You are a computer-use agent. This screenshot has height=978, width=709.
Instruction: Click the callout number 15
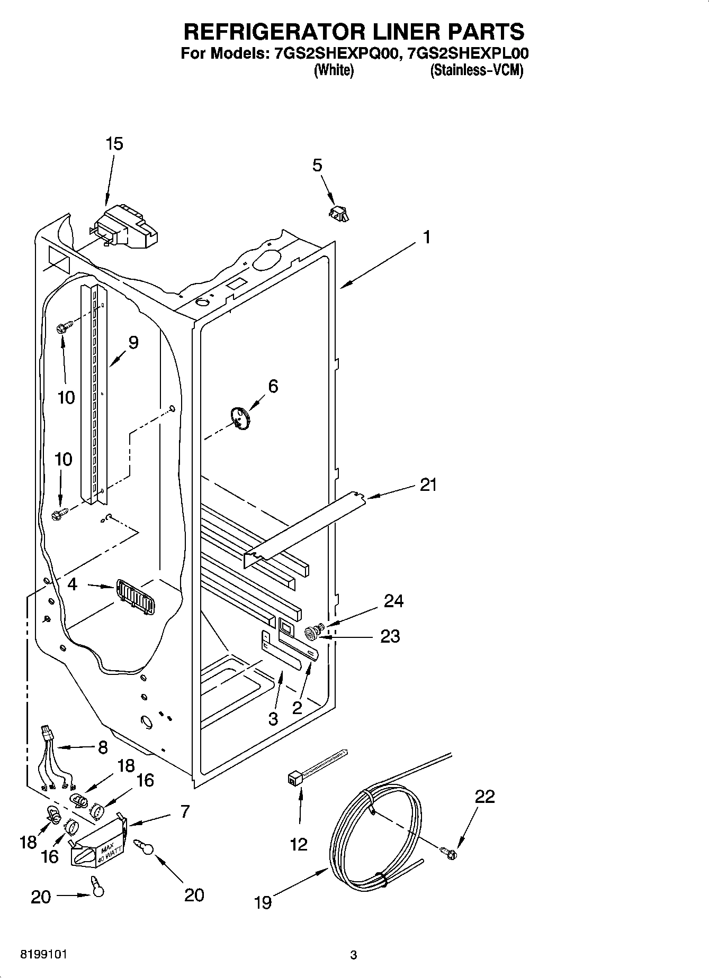click(114, 144)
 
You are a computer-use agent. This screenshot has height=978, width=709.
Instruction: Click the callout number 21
click(428, 485)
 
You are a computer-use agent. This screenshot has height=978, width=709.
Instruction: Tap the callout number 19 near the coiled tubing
click(263, 902)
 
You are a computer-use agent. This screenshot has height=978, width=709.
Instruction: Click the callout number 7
click(184, 811)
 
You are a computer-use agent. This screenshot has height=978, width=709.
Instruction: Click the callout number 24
click(393, 601)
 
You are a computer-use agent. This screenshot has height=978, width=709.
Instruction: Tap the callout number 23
click(390, 636)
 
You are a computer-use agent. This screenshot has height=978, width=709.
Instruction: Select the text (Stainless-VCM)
click(476, 71)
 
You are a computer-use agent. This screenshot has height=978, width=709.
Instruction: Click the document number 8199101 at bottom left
click(43, 954)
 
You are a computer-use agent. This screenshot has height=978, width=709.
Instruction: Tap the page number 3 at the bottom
click(354, 955)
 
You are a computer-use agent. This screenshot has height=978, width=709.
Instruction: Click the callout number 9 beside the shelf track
click(133, 343)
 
